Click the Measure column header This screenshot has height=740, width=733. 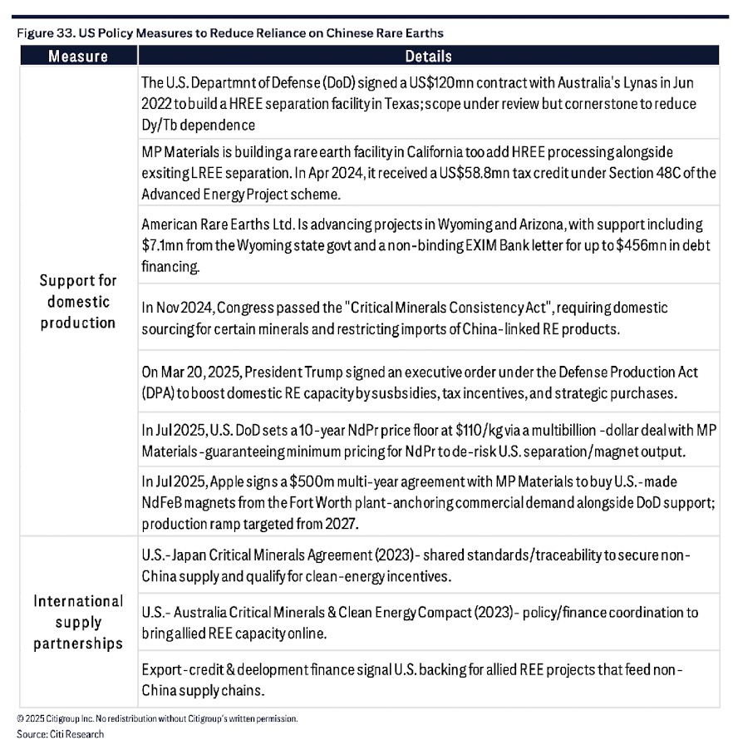(77, 57)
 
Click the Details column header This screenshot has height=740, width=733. (428, 57)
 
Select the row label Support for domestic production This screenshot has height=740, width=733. (77, 301)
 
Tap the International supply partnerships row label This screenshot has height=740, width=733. (77, 622)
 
